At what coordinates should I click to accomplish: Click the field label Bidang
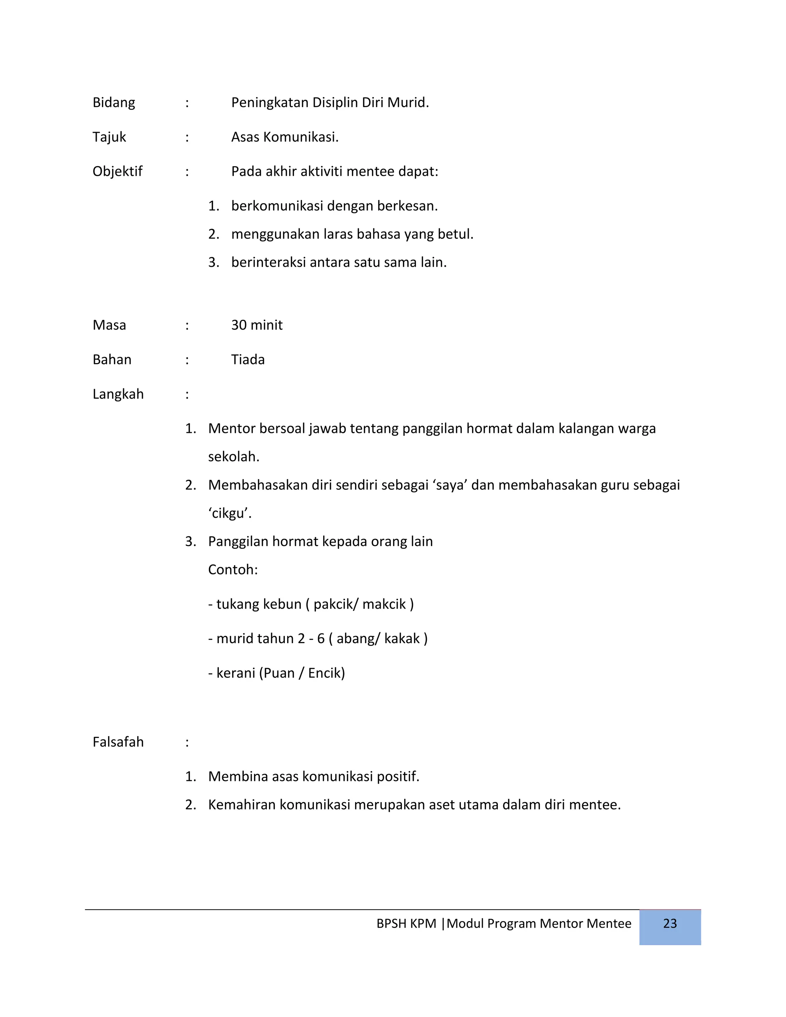[114, 103]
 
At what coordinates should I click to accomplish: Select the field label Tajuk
[109, 137]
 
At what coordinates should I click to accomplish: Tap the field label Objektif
[117, 172]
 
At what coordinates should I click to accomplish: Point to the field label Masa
[109, 325]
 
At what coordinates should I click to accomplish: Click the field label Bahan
[112, 360]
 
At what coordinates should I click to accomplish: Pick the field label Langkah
[118, 395]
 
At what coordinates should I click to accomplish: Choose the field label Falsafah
[118, 742]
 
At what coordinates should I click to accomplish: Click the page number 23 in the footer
[670, 923]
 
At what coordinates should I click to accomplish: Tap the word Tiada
[248, 360]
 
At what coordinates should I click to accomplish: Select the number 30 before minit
[239, 325]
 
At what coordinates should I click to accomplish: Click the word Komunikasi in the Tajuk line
[301, 137]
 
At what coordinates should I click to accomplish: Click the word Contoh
[232, 570]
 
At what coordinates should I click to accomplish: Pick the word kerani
[236, 673]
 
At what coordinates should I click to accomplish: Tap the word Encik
[326, 673]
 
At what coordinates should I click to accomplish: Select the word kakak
[401, 639]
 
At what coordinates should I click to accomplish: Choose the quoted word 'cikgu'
[229, 513]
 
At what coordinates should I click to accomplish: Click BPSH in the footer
[391, 923]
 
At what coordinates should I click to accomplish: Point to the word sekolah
[233, 457]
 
